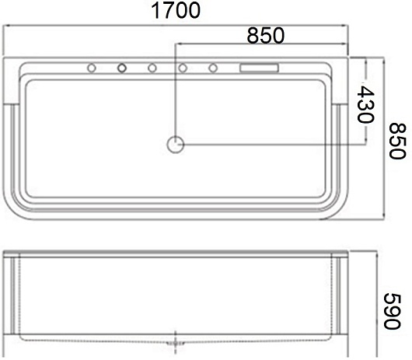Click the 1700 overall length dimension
point(176,10)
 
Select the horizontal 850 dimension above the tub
point(266,35)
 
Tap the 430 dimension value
point(365,104)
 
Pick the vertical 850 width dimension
point(397,141)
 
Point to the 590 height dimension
point(393,311)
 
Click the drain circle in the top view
point(176,145)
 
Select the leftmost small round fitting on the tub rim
point(92,68)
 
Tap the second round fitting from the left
point(122,68)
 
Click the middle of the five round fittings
point(152,68)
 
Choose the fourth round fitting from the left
point(183,68)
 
